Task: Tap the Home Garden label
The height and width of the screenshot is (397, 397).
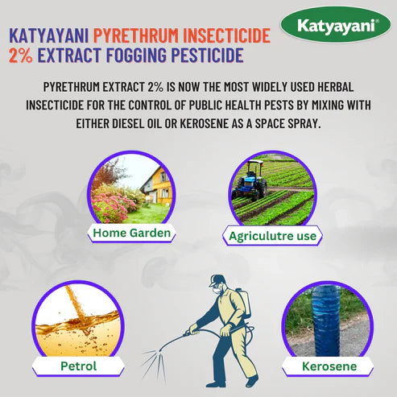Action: pos(130,234)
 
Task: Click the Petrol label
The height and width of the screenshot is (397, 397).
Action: pos(79,366)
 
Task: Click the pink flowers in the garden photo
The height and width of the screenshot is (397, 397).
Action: pos(110,201)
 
